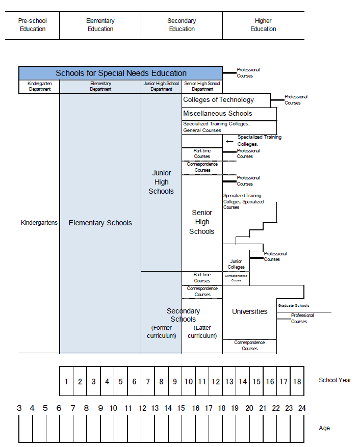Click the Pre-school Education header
point(32,25)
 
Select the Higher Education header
point(263,25)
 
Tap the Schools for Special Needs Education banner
point(121,73)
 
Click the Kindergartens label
point(39,223)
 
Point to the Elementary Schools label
point(100,223)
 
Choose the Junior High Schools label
point(161,182)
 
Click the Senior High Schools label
point(202,222)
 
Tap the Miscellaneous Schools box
point(218,114)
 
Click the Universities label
point(249,311)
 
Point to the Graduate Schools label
point(294,306)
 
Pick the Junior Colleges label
point(236,264)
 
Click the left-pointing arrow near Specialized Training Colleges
point(229,142)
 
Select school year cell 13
point(229,381)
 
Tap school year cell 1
point(66,381)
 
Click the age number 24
point(302,408)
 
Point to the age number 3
point(19,408)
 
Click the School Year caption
point(335,380)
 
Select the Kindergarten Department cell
point(39,87)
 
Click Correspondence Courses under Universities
point(249,346)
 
